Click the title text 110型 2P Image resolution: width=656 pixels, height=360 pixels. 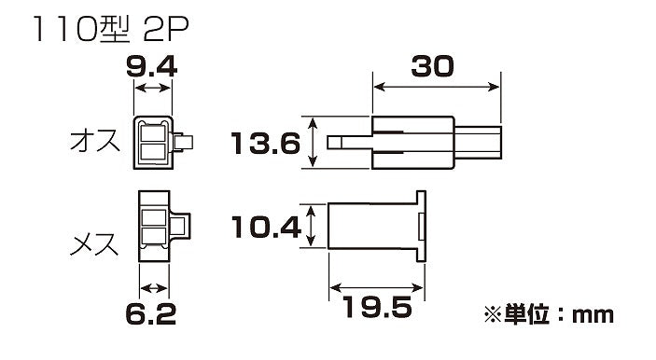click(111, 29)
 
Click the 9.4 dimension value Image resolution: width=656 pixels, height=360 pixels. click(151, 67)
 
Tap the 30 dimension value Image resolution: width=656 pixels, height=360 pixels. click(432, 66)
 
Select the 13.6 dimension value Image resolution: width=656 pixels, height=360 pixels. click(266, 143)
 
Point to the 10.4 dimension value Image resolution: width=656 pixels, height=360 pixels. click(266, 227)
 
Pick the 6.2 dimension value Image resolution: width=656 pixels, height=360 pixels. click(150, 313)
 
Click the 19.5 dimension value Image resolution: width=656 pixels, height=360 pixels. click(378, 307)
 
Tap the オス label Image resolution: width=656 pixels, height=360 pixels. click(94, 141)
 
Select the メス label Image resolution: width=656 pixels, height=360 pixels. click(94, 244)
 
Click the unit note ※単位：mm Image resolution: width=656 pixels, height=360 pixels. click(549, 314)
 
